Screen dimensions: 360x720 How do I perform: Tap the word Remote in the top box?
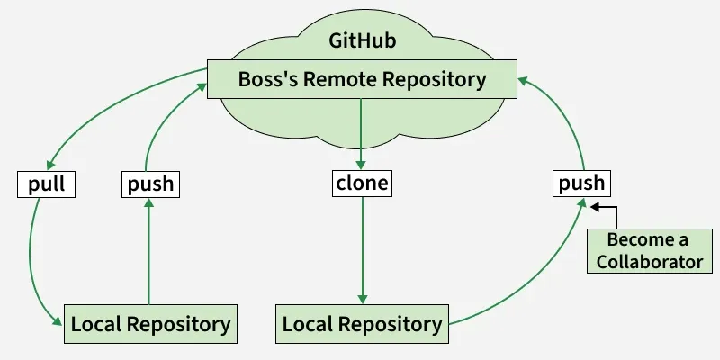(346, 79)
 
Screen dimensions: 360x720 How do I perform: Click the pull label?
(45, 184)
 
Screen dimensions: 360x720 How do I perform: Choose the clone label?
(362, 184)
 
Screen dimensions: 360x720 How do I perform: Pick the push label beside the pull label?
(149, 184)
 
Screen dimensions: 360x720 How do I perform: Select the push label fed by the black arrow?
(581, 184)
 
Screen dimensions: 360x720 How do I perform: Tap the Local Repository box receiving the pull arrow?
(149, 324)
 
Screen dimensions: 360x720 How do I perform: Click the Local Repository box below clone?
(362, 324)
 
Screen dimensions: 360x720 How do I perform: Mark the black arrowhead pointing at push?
(596, 206)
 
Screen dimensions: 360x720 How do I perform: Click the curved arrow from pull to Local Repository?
(33, 261)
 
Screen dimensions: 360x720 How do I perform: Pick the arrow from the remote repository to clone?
(362, 135)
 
